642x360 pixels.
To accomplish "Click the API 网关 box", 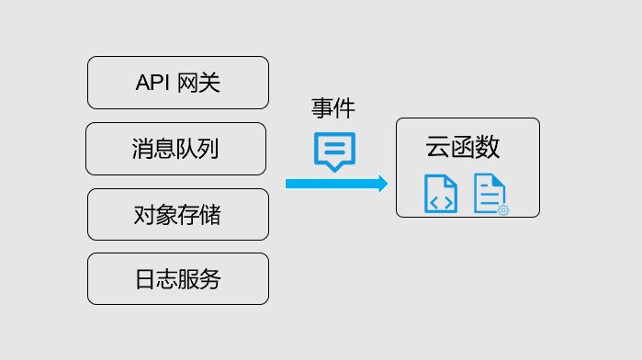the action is [x=177, y=83].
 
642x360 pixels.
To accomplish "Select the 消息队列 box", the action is [x=175, y=149].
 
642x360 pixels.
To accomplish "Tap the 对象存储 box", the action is [x=177, y=214].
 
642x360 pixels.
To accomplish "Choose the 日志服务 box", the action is [x=177, y=278].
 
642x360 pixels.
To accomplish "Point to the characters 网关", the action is [x=201, y=84].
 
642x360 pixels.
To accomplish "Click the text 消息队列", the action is [x=175, y=149].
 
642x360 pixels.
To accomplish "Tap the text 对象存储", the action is [x=177, y=215].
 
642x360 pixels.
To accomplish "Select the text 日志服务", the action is [x=177, y=279].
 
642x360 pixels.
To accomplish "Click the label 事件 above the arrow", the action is [x=332, y=108].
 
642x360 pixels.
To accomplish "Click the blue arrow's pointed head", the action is [x=380, y=184].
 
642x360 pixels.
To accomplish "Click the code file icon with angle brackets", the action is [x=441, y=194].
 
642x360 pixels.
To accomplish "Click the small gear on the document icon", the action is [x=502, y=210].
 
